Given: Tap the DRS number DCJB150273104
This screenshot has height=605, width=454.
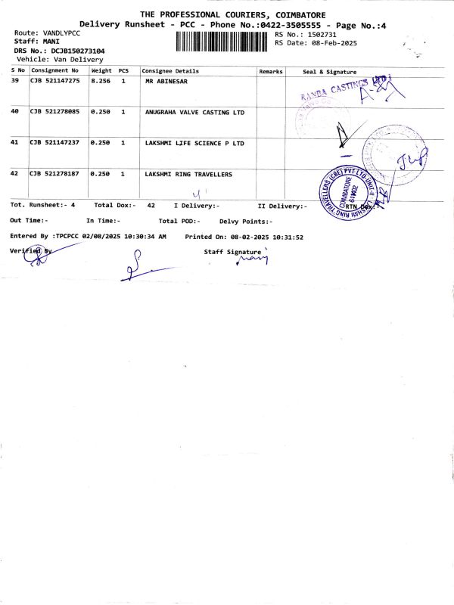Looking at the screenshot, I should point(79,51).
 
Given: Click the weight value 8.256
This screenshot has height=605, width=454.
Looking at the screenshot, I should point(101,80).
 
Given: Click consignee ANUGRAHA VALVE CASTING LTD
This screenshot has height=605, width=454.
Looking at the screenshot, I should point(195,112).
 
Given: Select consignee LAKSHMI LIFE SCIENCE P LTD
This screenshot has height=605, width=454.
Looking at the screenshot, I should point(195,143).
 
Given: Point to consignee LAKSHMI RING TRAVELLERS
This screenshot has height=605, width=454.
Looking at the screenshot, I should point(189,175).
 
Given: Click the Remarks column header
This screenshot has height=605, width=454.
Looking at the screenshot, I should point(271,71).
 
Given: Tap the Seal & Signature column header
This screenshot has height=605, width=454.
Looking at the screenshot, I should point(329,71).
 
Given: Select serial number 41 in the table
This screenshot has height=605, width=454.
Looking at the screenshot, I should point(15,143).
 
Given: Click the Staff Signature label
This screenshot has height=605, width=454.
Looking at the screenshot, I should point(232,251).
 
